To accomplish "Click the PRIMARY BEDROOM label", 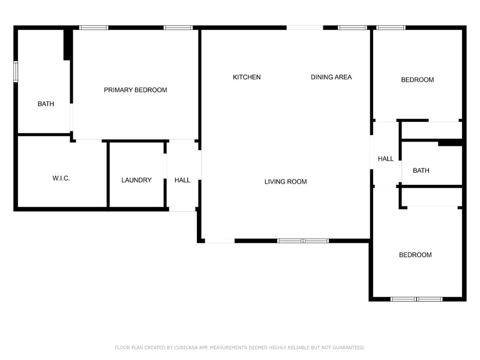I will (x=136, y=90).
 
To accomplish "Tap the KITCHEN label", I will (x=247, y=77).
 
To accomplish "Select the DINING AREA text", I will (x=331, y=77).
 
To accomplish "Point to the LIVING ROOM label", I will (x=286, y=182).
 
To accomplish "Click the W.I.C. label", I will (x=61, y=178).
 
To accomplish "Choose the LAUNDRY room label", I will (x=136, y=180).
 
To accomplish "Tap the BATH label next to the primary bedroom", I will (x=46, y=104).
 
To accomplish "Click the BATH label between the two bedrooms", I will (x=421, y=170).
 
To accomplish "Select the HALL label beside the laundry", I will (x=182, y=180).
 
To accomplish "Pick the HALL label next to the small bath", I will (x=386, y=159).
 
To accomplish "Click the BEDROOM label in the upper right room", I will (x=417, y=80).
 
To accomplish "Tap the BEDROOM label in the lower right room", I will (x=415, y=255).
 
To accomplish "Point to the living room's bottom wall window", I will (x=303, y=241).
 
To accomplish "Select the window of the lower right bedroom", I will (x=416, y=298).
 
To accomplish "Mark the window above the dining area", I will (x=352, y=27).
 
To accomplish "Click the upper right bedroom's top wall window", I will (x=391, y=27).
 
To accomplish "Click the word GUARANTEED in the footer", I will (x=346, y=347).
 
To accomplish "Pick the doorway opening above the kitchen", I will (x=304, y=27).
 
